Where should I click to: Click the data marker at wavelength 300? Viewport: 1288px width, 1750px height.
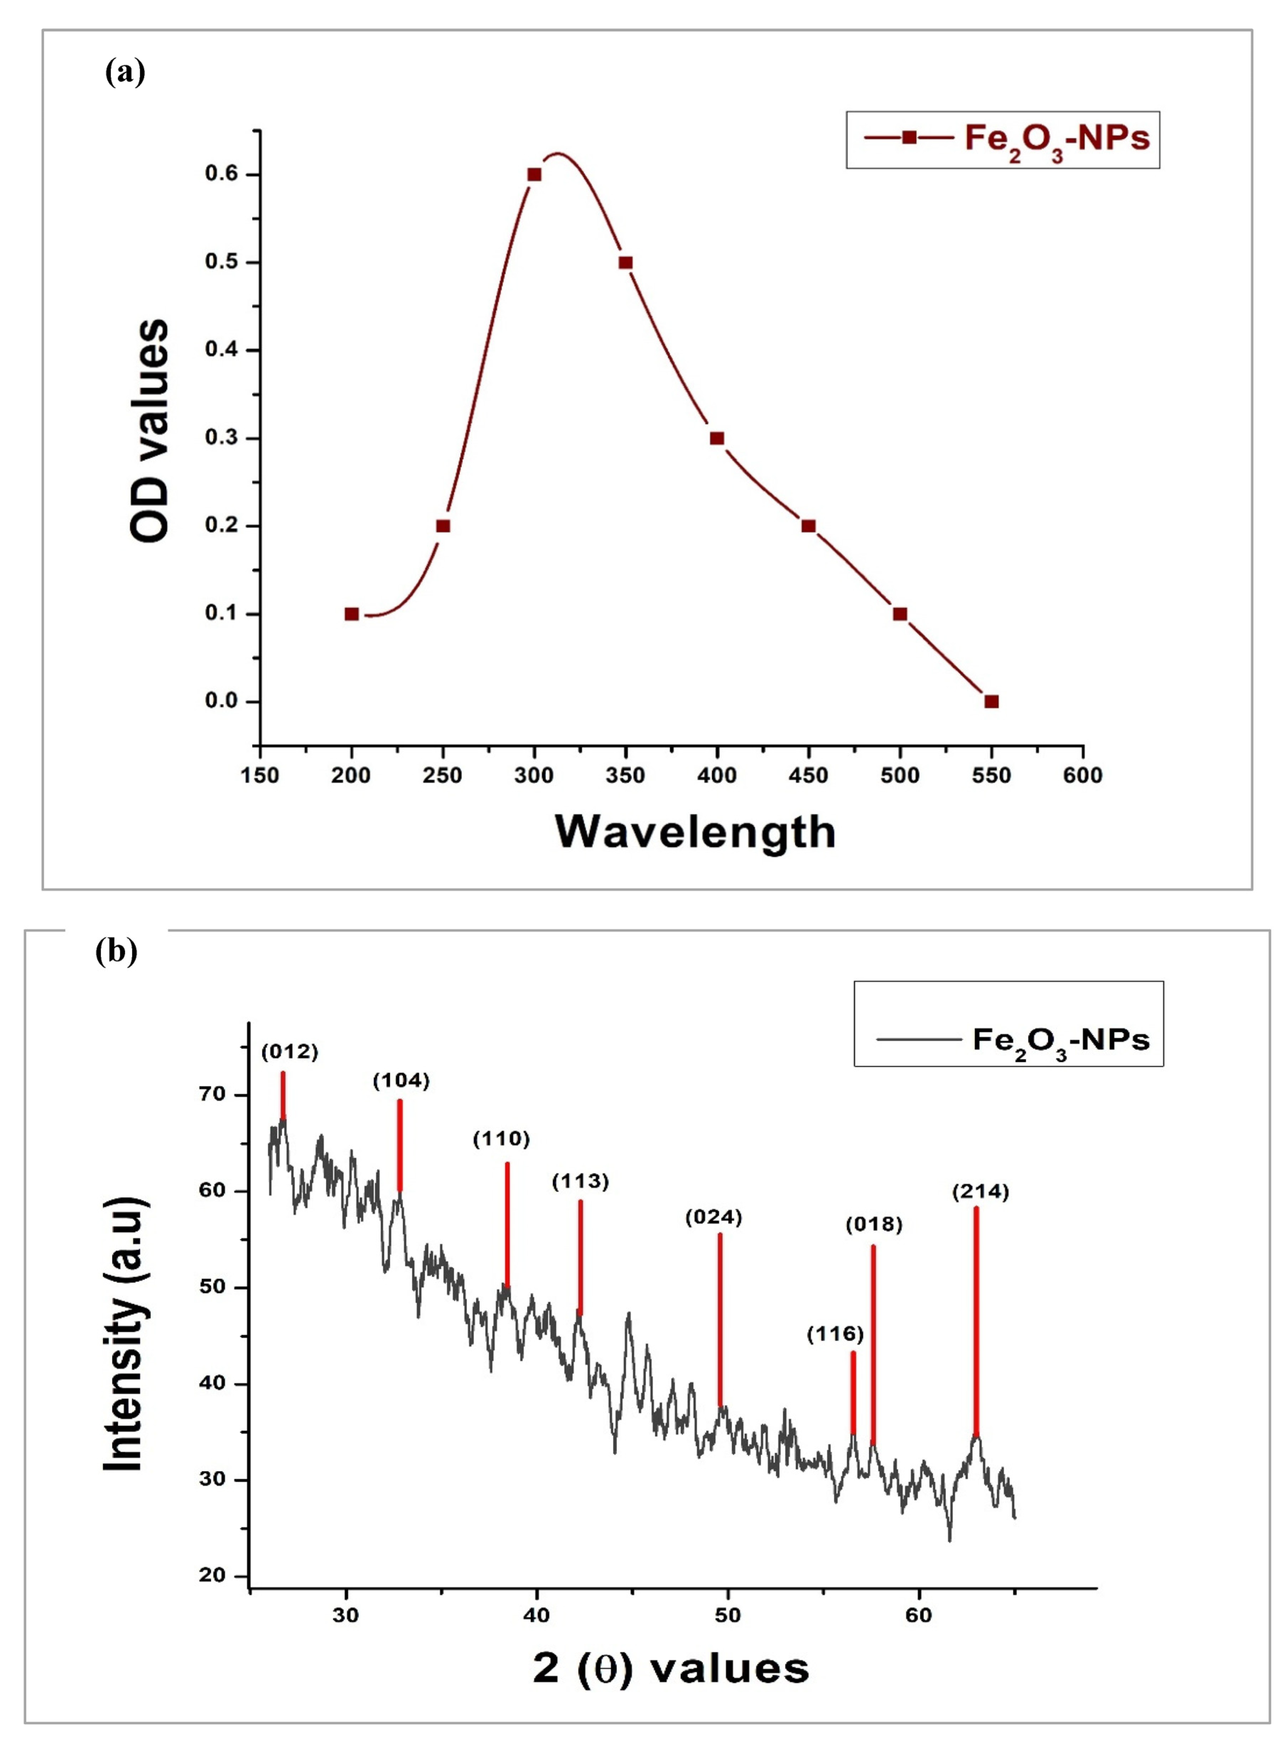pos(534,174)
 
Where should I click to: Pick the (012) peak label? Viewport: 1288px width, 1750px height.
pos(289,1052)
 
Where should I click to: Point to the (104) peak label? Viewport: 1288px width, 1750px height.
pos(401,1081)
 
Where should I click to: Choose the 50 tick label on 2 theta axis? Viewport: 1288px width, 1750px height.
pos(727,1615)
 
